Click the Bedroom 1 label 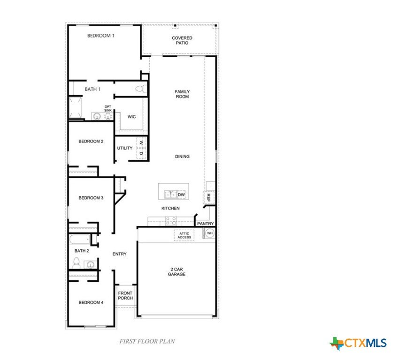point(101,36)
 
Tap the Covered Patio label point(182,41)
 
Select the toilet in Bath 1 point(141,89)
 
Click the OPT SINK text point(108,108)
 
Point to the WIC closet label point(131,117)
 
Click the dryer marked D point(141,154)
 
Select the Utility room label point(125,148)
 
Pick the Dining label point(182,157)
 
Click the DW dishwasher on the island point(181,195)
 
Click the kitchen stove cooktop point(170,221)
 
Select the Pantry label point(206,224)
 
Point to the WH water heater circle point(210,233)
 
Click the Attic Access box point(184,235)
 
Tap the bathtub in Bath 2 point(79,240)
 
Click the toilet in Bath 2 point(77,263)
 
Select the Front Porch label point(125,296)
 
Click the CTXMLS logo point(358,343)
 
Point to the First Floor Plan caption point(147,342)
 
